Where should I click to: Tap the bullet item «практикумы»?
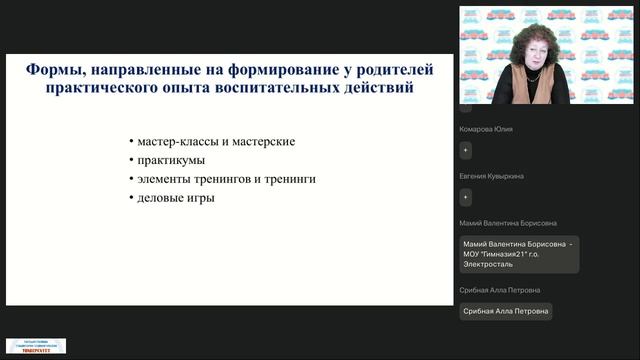172,160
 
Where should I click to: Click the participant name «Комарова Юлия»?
491,128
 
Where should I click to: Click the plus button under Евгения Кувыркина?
466,197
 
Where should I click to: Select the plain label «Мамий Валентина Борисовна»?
508,223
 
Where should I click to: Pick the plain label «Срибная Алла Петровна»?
500,290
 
